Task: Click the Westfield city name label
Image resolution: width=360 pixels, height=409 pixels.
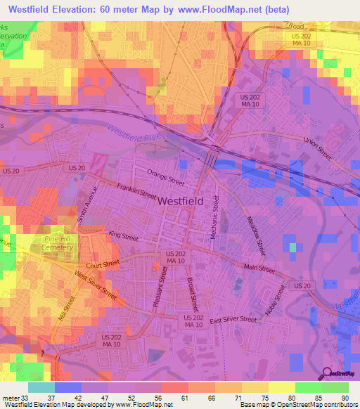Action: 181,200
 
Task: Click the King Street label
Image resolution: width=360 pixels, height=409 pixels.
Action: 123,237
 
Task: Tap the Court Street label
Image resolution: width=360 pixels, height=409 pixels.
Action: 99,266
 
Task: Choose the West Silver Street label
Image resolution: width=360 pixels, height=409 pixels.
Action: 95,287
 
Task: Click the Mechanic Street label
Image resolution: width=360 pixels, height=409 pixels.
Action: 216,218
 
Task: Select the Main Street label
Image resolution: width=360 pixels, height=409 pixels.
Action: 259,268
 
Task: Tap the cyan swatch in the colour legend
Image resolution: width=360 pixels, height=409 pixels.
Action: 41,387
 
